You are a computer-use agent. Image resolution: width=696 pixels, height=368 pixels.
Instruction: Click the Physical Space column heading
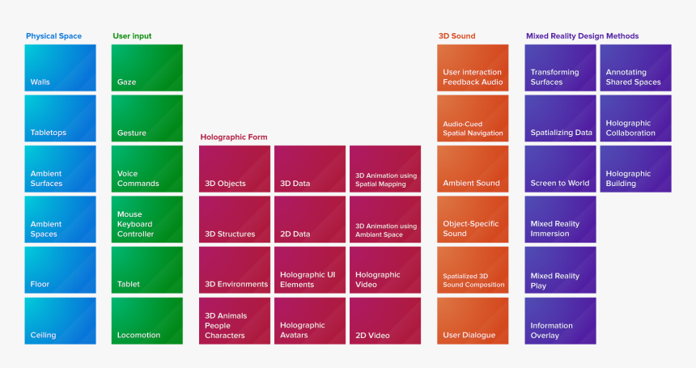(53, 36)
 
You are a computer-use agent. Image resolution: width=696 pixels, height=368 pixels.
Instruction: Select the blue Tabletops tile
(60, 118)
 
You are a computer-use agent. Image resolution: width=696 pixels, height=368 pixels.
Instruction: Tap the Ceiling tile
(60, 320)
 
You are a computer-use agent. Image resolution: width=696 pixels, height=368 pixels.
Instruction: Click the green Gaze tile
(146, 68)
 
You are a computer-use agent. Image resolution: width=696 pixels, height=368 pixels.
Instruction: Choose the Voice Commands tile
(146, 169)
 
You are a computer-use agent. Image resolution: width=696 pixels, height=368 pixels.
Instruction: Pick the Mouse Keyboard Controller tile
(146, 219)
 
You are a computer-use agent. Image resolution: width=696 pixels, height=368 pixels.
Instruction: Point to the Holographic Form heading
(234, 137)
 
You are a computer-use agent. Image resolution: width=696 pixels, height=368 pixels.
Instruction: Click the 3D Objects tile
(235, 169)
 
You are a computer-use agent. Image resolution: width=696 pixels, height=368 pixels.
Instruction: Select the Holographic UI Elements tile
(310, 270)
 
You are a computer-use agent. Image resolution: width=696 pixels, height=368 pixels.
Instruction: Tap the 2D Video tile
(385, 320)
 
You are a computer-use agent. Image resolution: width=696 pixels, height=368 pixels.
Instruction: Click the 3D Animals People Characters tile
(235, 320)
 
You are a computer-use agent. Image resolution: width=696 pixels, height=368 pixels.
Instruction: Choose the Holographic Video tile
(385, 270)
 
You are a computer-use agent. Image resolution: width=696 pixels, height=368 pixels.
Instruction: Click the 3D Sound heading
(456, 36)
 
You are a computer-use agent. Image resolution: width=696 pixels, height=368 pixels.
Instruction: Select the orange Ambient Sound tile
(473, 169)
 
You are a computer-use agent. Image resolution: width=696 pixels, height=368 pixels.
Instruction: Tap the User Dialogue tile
(473, 320)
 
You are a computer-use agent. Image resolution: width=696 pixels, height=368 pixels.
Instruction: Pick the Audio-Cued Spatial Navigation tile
(473, 118)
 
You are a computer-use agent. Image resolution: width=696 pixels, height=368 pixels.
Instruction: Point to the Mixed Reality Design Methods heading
(582, 36)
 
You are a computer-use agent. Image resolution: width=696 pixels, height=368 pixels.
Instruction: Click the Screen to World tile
(560, 169)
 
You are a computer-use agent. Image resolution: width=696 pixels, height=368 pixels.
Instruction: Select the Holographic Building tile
(635, 169)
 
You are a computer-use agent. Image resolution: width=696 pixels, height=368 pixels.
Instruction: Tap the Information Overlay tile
(560, 320)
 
